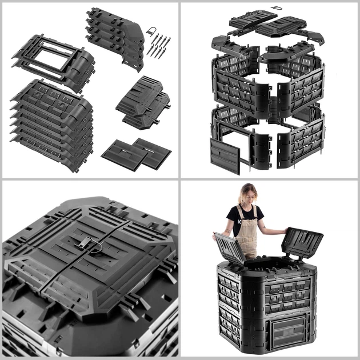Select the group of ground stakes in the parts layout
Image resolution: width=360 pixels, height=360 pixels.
[x=159, y=45]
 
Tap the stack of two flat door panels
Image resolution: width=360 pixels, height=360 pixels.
[x=137, y=153]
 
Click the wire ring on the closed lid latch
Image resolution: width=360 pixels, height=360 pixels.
[x=97, y=249]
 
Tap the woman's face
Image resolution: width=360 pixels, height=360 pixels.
[x=247, y=195]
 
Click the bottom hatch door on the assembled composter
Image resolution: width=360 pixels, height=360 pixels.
[x=291, y=332]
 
